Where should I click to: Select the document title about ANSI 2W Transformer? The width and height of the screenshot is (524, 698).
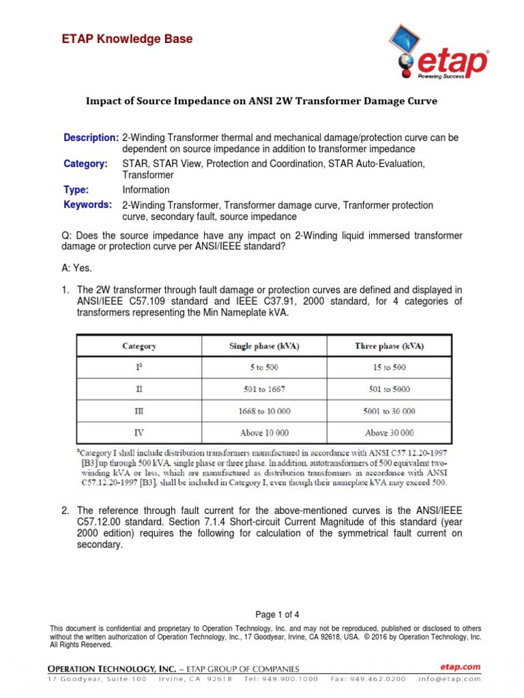click(261, 101)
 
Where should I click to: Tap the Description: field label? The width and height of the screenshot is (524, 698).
click(91, 138)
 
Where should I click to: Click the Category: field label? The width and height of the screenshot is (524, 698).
click(86, 164)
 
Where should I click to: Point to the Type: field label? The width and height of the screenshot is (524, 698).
click(76, 189)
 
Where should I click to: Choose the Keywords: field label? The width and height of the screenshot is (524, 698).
click(88, 204)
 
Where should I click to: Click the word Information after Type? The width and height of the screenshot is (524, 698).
click(146, 189)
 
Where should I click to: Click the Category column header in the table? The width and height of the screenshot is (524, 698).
click(139, 346)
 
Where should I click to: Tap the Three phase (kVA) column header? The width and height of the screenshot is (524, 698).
click(389, 346)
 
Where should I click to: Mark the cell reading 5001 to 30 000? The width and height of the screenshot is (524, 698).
click(389, 411)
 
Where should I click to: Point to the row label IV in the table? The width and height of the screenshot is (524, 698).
click(139, 433)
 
